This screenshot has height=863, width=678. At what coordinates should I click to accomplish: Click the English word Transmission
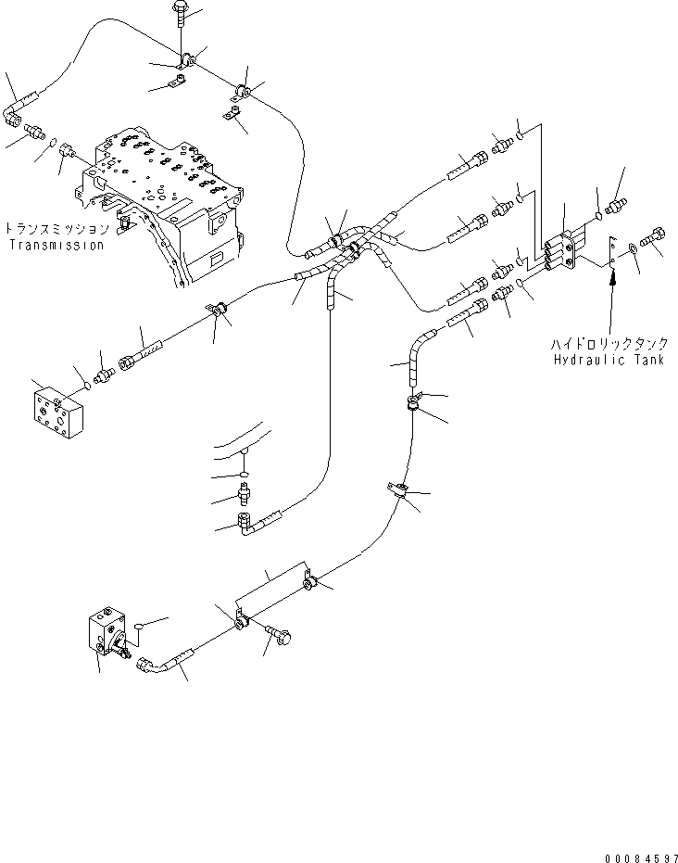click(x=55, y=246)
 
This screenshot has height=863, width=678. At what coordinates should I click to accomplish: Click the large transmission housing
click(x=171, y=204)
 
